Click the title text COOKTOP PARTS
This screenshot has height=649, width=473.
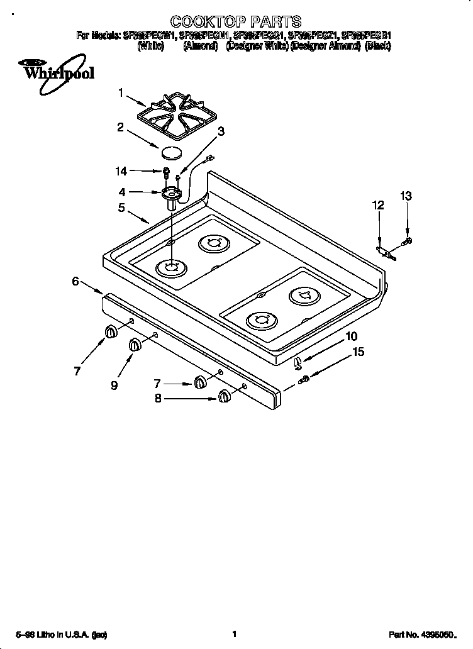coord(236,23)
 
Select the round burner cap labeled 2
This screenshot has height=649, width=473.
coord(170,152)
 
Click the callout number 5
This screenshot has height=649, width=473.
coord(121,208)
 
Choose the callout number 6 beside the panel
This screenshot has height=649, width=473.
coord(75,282)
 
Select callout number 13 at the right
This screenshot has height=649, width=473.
coord(406,196)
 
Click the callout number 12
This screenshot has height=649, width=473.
coord(377,205)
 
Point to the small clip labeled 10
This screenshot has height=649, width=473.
coord(299,360)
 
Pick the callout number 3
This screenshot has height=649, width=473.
coord(221,131)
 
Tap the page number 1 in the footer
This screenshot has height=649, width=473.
coord(234,635)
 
